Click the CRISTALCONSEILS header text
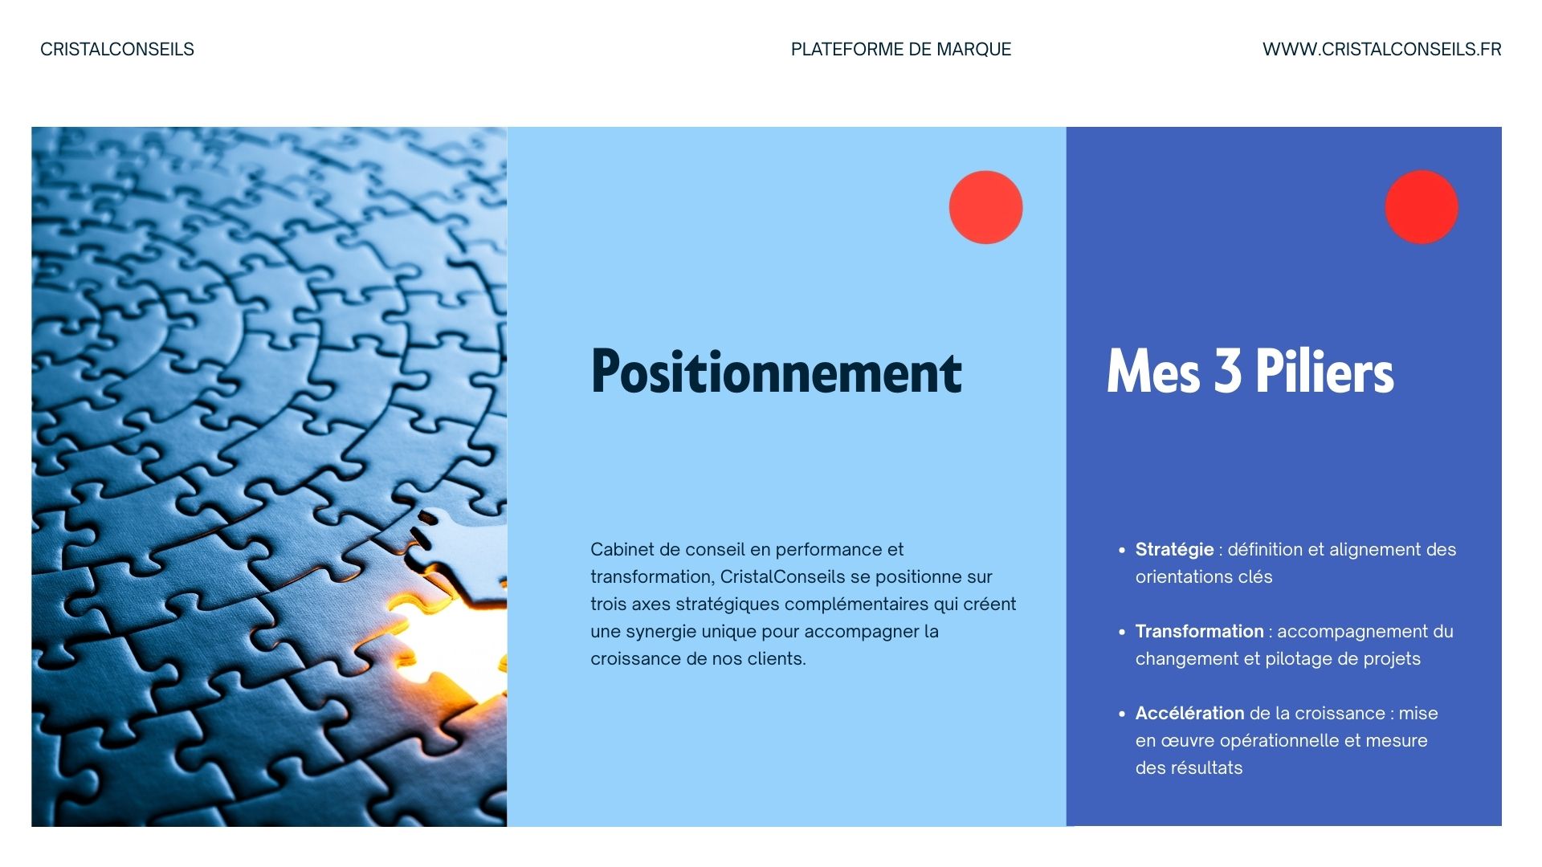(117, 49)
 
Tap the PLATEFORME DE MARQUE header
(901, 49)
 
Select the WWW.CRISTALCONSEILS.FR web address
(1381, 49)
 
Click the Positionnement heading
(777, 371)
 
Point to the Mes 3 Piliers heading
(1250, 371)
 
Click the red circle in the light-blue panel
(985, 207)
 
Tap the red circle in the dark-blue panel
(1422, 206)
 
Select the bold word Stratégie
(1174, 550)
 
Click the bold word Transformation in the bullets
(1199, 632)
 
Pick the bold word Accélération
(1189, 713)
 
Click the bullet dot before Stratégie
(1122, 551)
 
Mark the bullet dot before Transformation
(1122, 633)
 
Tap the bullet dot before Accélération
(1122, 714)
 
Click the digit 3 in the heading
(1227, 371)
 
